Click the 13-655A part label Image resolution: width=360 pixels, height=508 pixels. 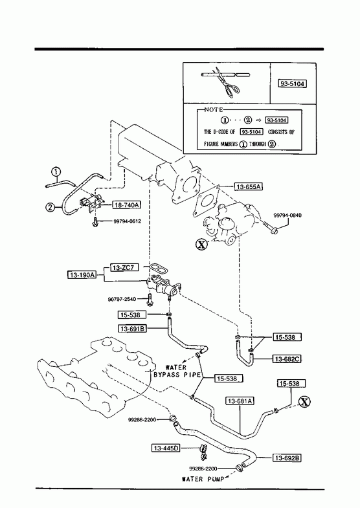pyautogui.click(x=249, y=186)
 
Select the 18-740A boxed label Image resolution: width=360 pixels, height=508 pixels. pyautogui.click(x=126, y=204)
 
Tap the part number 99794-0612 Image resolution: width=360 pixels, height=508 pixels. pyautogui.click(x=128, y=221)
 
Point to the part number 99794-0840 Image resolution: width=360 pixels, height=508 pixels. pyautogui.click(x=287, y=215)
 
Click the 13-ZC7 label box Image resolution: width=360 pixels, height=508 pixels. pyautogui.click(x=124, y=268)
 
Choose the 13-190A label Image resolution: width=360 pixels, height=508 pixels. pyautogui.click(x=82, y=275)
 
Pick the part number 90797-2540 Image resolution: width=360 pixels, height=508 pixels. pyautogui.click(x=122, y=300)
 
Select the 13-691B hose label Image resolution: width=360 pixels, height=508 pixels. pyautogui.click(x=133, y=329)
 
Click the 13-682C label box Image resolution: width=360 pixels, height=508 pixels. pyautogui.click(x=287, y=359)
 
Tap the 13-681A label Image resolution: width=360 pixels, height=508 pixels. pyautogui.click(x=240, y=401)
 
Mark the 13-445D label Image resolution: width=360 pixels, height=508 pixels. pyautogui.click(x=166, y=448)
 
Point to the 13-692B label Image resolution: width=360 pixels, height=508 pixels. pyautogui.click(x=287, y=458)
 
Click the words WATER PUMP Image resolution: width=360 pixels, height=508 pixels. pyautogui.click(x=203, y=479)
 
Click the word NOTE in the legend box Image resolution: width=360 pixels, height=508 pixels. pyautogui.click(x=214, y=110)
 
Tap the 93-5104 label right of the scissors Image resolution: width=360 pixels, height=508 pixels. pyautogui.click(x=292, y=84)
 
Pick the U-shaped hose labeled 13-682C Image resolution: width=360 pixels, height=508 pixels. pyautogui.click(x=244, y=355)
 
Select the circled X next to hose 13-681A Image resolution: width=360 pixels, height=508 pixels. pyautogui.click(x=304, y=402)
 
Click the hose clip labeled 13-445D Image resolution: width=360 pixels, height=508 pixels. pyautogui.click(x=203, y=452)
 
